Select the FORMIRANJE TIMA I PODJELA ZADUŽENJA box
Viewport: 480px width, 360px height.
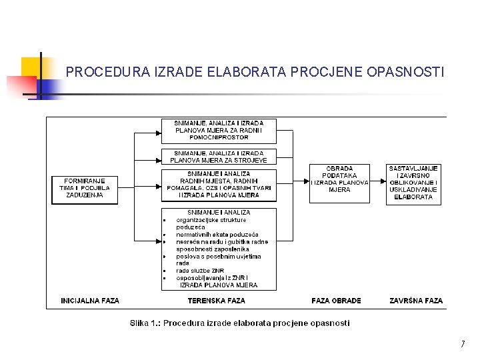pyautogui.click(x=85, y=187)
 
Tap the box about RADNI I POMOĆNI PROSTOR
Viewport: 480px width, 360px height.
pyautogui.click(x=219, y=130)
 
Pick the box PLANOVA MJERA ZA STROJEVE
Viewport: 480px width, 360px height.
pyautogui.click(x=219, y=157)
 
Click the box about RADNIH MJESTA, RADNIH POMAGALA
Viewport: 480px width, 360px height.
pyautogui.click(x=219, y=185)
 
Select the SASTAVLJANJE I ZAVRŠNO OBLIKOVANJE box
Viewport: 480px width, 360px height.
pyautogui.click(x=413, y=183)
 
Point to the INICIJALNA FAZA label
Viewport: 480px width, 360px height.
pyautogui.click(x=90, y=301)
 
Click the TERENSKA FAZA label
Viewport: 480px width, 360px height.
pyautogui.click(x=216, y=301)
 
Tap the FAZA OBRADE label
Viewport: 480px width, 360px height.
pyautogui.click(x=336, y=301)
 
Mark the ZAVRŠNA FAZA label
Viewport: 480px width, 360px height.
pyautogui.click(x=416, y=301)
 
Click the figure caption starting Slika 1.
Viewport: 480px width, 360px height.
pyautogui.click(x=239, y=323)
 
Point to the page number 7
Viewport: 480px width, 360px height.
pyautogui.click(x=462, y=345)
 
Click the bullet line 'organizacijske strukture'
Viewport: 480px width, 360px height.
pyautogui.click(x=211, y=220)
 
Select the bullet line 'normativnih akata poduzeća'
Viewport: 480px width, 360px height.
pyautogui.click(x=217, y=235)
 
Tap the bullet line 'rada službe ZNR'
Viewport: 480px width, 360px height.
pyautogui.click(x=200, y=271)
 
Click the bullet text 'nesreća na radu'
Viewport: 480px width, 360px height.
pyautogui.click(x=199, y=242)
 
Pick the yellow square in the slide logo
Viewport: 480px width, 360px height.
pyautogui.click(x=31, y=67)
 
